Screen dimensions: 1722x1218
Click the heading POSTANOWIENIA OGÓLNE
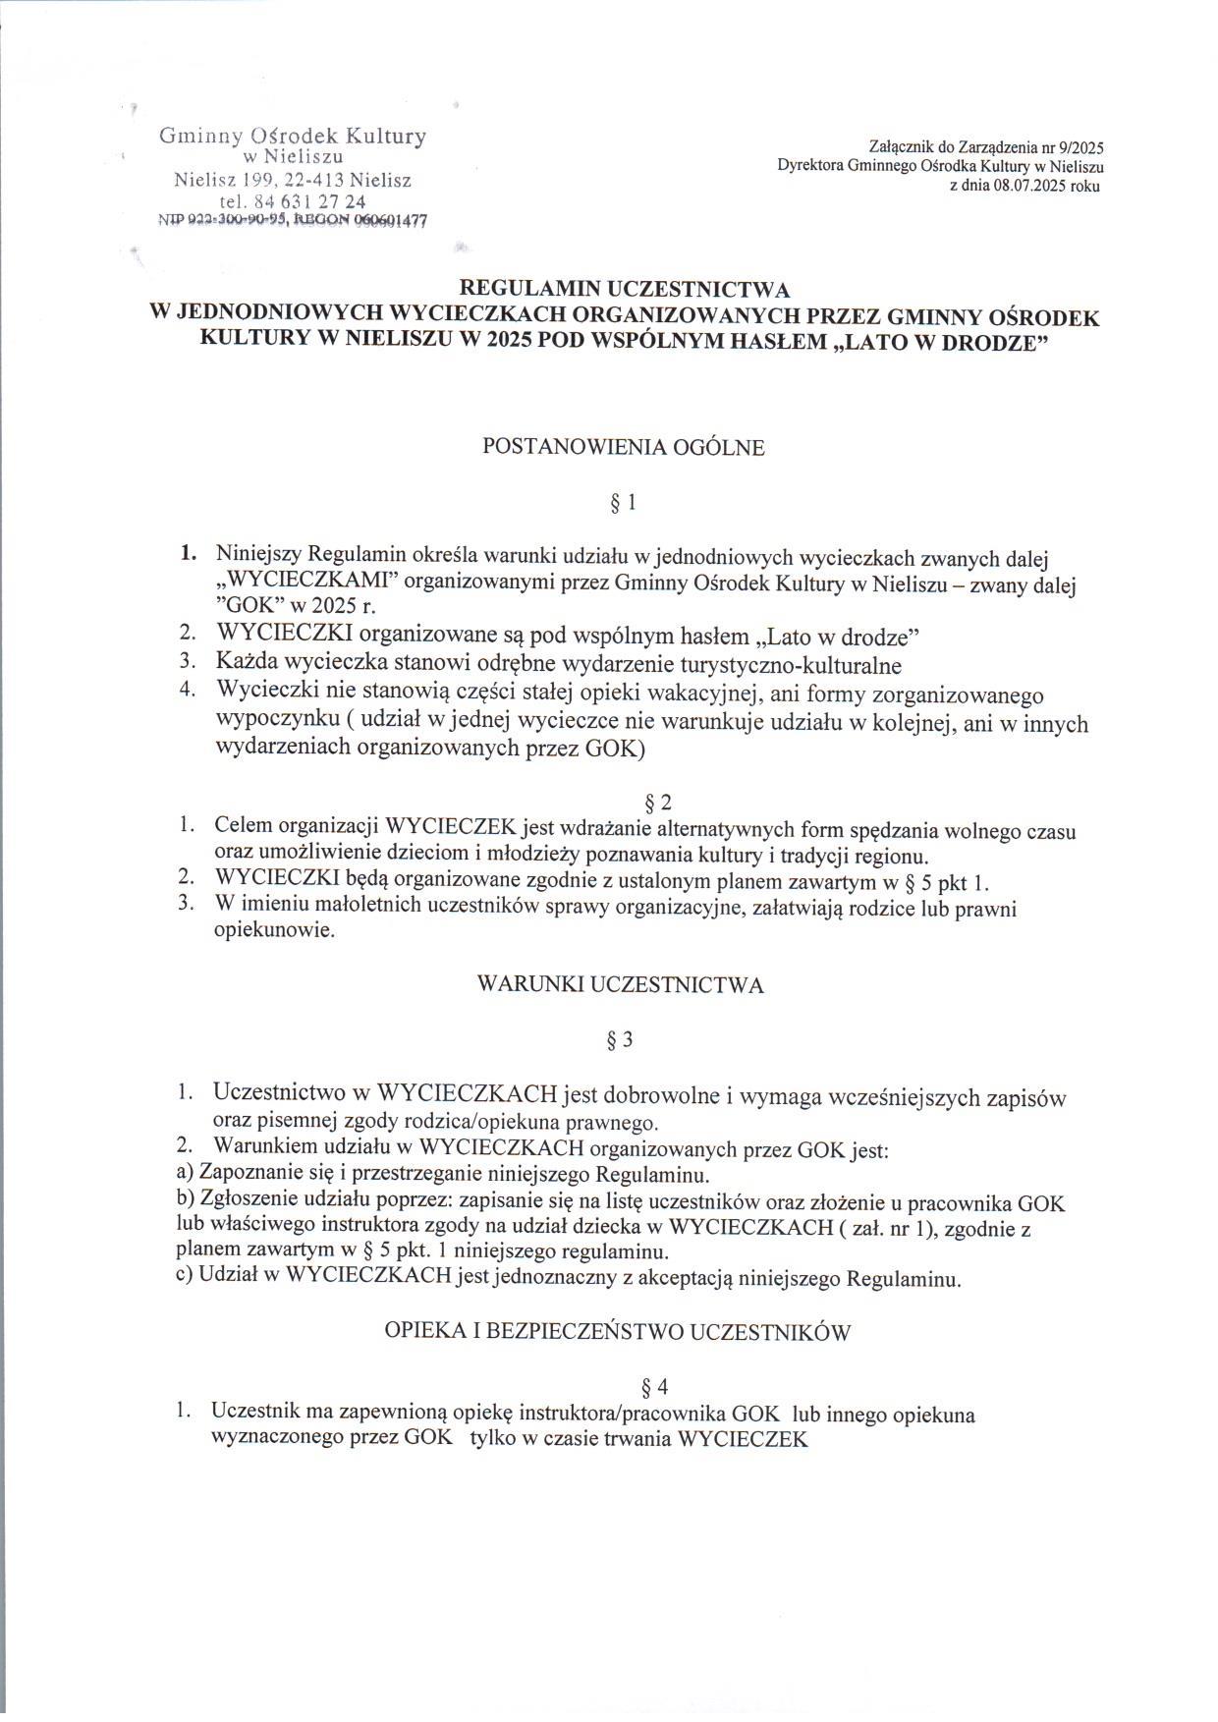point(623,447)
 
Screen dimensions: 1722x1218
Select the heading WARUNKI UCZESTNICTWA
point(620,984)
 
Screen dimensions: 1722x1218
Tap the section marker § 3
point(620,1040)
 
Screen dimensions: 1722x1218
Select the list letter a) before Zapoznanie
point(186,1174)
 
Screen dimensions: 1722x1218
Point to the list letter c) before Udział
point(185,1280)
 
